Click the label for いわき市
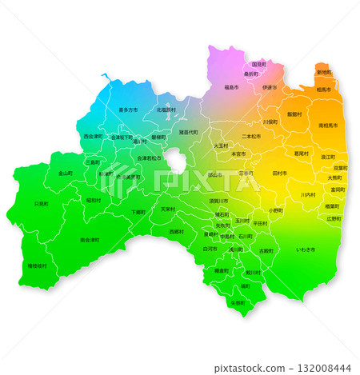(306, 250)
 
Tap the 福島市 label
(231, 86)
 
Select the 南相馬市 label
(328, 126)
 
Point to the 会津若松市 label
(150, 158)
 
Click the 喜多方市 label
(128, 110)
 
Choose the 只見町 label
(41, 204)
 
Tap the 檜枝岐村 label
(37, 265)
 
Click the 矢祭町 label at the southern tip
(238, 303)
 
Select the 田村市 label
(279, 173)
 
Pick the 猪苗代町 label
(189, 132)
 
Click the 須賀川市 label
(219, 201)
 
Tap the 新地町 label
(324, 72)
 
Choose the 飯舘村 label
(294, 114)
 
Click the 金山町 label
(66, 173)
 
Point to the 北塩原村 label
(166, 110)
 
